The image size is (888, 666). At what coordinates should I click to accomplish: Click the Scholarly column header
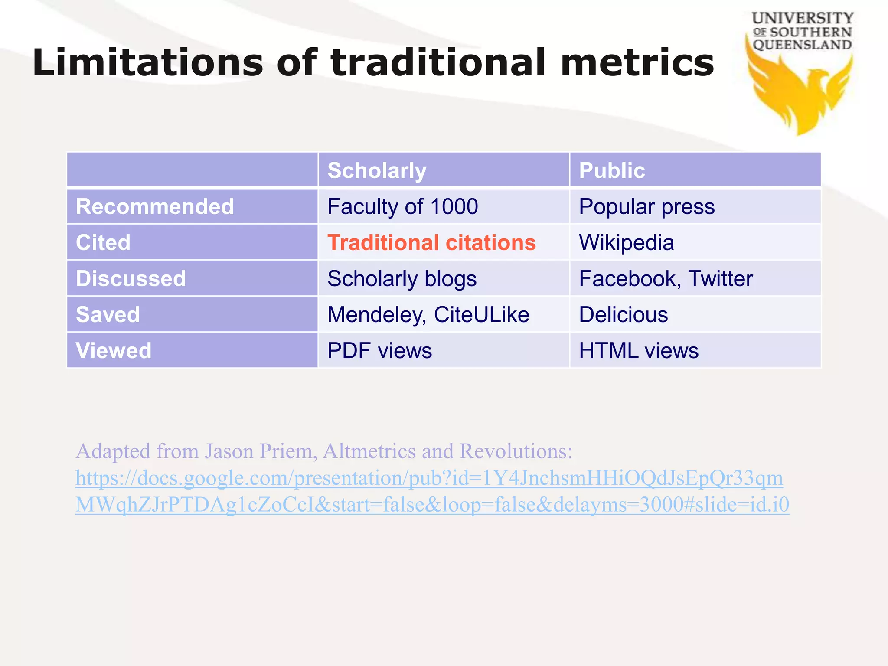(x=377, y=170)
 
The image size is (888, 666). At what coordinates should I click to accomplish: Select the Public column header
(x=612, y=170)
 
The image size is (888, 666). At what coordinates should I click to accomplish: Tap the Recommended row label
(x=155, y=206)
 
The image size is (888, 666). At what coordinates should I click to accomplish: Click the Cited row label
(x=103, y=242)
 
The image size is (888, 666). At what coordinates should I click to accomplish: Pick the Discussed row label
(x=131, y=278)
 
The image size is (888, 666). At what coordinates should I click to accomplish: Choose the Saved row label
(x=108, y=314)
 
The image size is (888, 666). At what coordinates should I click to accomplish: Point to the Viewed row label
(x=114, y=350)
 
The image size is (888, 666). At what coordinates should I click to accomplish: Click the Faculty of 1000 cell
(x=402, y=206)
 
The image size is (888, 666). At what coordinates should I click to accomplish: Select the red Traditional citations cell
(x=431, y=242)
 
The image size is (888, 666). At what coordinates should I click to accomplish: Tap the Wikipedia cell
(x=627, y=242)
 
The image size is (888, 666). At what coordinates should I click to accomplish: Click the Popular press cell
(x=646, y=206)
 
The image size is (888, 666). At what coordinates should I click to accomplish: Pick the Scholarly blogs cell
(x=402, y=278)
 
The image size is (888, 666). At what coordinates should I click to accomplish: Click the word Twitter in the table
(x=720, y=278)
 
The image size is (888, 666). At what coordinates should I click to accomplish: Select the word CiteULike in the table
(x=481, y=314)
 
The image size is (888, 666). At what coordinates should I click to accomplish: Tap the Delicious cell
(x=624, y=314)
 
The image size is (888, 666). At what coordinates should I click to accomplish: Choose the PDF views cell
(x=379, y=350)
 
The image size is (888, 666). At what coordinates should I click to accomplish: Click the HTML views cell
(x=639, y=350)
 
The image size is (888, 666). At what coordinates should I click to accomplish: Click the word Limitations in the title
(x=147, y=63)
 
